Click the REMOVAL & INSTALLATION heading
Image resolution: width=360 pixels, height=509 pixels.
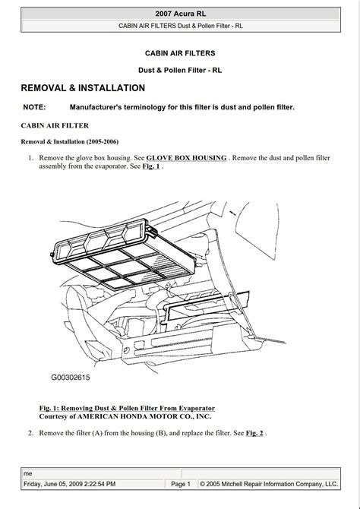coord(83,88)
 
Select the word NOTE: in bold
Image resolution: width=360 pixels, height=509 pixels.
coord(35,107)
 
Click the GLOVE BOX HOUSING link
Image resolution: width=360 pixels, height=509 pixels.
coord(186,157)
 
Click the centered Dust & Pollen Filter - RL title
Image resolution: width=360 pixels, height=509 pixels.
coord(179,70)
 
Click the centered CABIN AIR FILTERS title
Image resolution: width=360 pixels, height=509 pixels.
coord(179,53)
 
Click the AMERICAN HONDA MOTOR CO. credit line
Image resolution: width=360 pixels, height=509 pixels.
coord(125,416)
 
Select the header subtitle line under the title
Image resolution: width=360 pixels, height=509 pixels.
coord(179,26)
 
